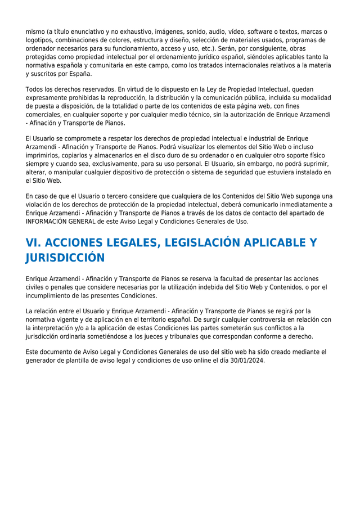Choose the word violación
click(x=41, y=205)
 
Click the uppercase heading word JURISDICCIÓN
click(x=65, y=258)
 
